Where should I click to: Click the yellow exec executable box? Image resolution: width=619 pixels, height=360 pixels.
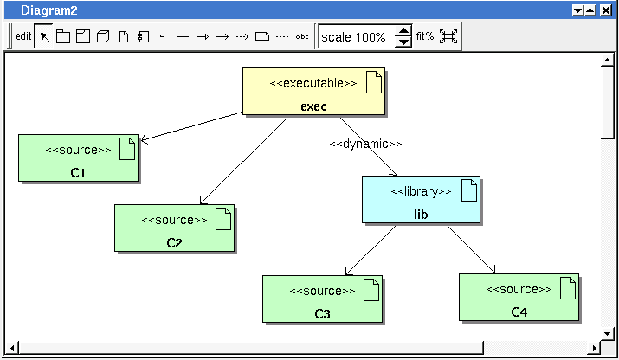click(314, 92)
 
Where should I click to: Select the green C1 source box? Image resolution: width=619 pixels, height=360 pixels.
click(79, 157)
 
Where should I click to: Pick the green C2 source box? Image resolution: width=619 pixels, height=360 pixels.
click(175, 228)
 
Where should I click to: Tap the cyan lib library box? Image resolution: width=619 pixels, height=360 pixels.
click(422, 200)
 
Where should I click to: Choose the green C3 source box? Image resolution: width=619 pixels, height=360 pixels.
click(323, 299)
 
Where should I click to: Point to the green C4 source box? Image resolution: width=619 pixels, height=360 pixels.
click(519, 298)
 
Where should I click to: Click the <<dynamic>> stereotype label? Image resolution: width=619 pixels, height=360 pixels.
click(365, 144)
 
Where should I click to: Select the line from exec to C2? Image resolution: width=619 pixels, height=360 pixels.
click(243, 161)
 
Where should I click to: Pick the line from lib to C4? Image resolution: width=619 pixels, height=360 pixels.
click(471, 249)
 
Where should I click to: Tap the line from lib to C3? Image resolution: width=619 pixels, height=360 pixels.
click(371, 250)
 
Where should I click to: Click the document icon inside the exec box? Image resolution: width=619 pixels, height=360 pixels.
click(374, 82)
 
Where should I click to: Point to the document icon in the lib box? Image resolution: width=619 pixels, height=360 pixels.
click(469, 190)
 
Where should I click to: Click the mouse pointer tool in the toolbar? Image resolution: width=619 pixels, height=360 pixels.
click(45, 36)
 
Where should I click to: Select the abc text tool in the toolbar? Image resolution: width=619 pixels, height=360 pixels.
click(302, 36)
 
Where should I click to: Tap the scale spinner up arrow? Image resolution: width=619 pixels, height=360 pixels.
click(403, 31)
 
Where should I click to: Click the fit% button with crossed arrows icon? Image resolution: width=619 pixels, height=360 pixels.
click(448, 36)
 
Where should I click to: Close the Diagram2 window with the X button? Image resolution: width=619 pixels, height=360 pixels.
click(605, 10)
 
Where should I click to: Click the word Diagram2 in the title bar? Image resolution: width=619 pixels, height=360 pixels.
click(49, 10)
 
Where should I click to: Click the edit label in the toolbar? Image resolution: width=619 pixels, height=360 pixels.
click(23, 36)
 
